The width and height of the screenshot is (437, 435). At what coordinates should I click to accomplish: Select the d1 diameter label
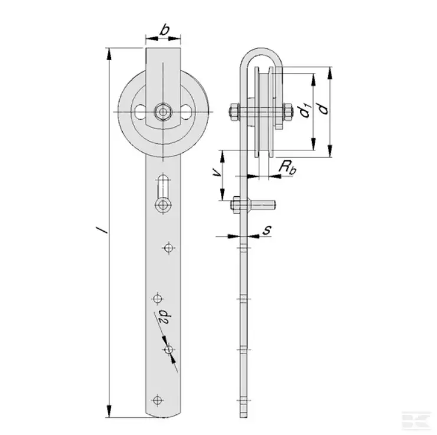pos(304,111)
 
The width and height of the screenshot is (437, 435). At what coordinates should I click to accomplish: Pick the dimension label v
pos(216,174)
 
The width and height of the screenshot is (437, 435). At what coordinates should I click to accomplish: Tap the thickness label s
pos(266,230)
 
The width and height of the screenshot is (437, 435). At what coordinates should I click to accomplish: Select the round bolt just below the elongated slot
pos(163,205)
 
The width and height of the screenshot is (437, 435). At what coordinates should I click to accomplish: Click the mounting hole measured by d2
pos(169,350)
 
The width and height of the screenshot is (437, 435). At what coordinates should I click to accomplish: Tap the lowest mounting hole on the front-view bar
pos(157,400)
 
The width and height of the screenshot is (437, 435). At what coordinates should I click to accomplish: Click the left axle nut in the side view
pos(233,111)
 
